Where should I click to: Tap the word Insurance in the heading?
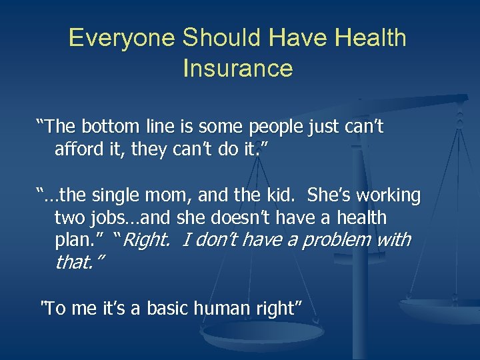pyautogui.click(x=238, y=68)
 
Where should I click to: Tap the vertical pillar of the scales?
pyautogui.click(x=361, y=200)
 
